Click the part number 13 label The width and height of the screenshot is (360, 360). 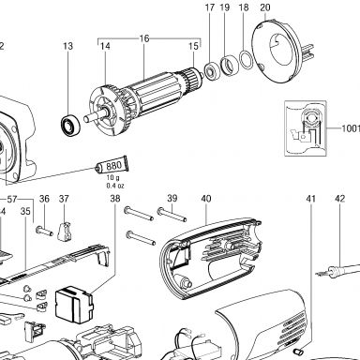point(67,46)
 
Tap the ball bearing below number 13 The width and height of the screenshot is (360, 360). point(70,126)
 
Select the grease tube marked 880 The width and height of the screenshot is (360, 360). point(112,165)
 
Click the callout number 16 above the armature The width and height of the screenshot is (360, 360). point(144,38)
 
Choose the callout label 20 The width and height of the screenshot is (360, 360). point(265,7)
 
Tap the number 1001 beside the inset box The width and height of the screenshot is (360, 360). point(351,128)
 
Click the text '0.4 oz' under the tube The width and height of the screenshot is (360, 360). point(115,186)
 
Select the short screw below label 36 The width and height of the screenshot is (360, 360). point(44,232)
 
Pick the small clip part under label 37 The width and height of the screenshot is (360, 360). point(65,232)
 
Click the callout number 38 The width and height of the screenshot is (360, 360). point(115,199)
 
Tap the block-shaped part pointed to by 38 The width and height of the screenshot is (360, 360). point(74,305)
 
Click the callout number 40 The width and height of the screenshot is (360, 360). point(206,199)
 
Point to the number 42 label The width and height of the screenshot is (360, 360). point(340,199)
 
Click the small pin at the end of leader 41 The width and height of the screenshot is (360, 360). point(298,352)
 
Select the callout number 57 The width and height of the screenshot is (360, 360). point(12,200)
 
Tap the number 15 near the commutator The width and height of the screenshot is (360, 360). point(193,46)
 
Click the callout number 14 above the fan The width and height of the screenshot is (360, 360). point(105,46)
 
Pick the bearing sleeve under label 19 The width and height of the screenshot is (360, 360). point(230,66)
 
